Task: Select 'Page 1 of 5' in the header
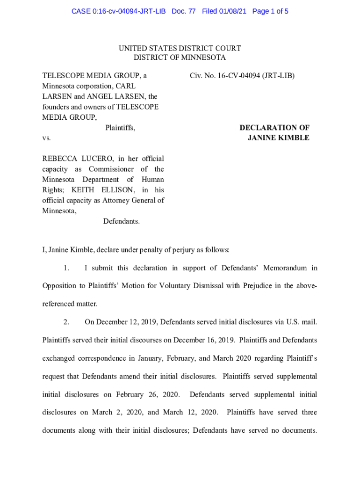pos(270,11)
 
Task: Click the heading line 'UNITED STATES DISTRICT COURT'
pos(180,48)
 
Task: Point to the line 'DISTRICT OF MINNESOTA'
pos(180,58)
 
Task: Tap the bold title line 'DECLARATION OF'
pos(274,128)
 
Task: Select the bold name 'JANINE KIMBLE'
pos(278,138)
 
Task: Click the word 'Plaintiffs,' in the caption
pos(120,128)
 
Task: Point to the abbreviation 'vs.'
pos(46,138)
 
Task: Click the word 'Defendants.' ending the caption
pos(122,221)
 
